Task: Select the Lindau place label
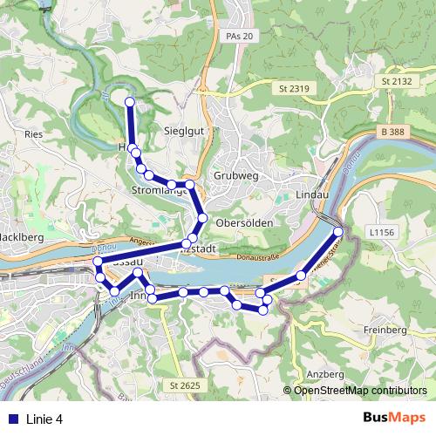311,194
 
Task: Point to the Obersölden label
244,222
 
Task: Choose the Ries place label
35,134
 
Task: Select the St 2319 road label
296,89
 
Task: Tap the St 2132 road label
396,80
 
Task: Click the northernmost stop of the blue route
131,102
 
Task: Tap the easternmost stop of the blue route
338,231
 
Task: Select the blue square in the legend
12,419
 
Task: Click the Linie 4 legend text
45,419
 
